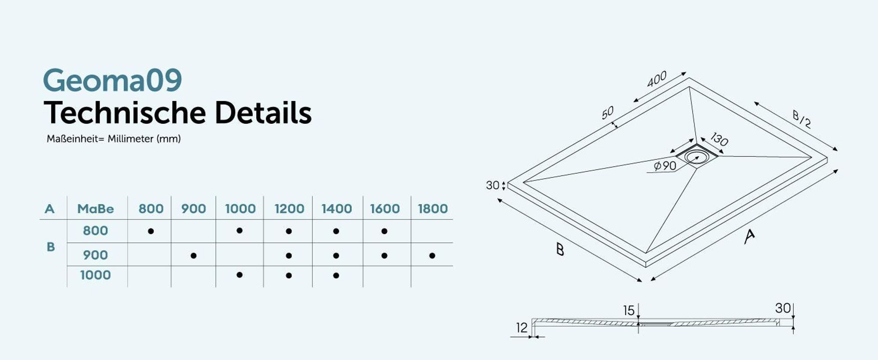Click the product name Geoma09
[112, 80]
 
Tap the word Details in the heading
[263, 113]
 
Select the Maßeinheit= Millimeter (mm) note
[114, 139]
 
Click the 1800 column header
[433, 209]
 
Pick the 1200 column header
[289, 209]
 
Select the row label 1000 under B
[95, 275]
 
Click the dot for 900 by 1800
[432, 256]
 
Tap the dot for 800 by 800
[151, 231]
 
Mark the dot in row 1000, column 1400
[336, 276]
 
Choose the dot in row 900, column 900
[194, 256]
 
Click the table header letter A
[50, 209]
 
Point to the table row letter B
[51, 247]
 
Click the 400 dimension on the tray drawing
[657, 79]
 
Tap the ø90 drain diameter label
[665, 166]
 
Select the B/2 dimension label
[802, 119]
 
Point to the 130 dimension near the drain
[719, 139]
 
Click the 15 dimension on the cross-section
[629, 310]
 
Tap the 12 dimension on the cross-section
[522, 328]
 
